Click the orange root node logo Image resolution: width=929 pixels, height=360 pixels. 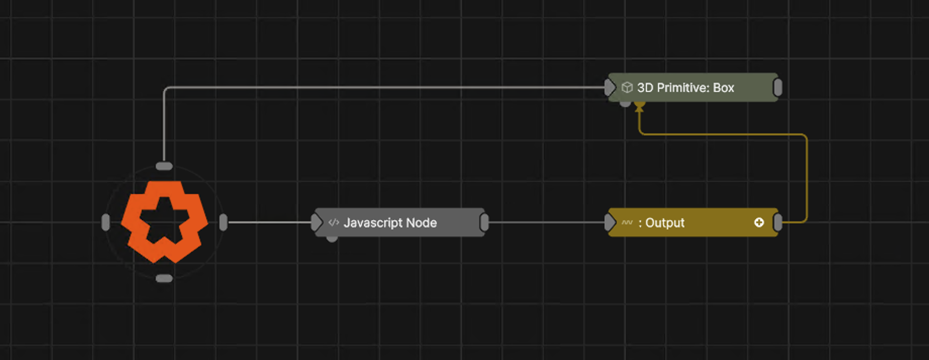pos(164,222)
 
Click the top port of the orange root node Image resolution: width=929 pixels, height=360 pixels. pos(164,166)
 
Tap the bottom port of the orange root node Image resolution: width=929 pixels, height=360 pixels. pos(164,278)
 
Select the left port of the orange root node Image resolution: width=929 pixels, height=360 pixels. pos(106,222)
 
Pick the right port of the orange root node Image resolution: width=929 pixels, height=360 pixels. pos(223,222)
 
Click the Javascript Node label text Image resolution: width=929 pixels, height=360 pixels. pos(390,222)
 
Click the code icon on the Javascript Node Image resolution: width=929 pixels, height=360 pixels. pos(333,222)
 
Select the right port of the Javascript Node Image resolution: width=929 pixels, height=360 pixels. pos(484,222)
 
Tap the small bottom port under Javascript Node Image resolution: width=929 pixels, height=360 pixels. pos(332,239)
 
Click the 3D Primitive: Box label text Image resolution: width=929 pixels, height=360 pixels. pos(685,87)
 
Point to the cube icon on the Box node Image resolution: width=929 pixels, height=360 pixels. pos(627,87)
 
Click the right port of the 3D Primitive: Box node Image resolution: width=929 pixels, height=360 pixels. pos(778,87)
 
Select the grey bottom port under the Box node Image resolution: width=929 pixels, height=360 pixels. pos(625,104)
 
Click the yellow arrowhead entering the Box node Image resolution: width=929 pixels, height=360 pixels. pos(639,107)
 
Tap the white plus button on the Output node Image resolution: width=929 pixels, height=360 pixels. pos(759,222)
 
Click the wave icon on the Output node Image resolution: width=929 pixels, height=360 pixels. pos(627,222)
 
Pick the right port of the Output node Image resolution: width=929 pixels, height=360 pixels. pos(778,222)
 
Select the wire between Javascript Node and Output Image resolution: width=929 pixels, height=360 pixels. pos(546,222)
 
